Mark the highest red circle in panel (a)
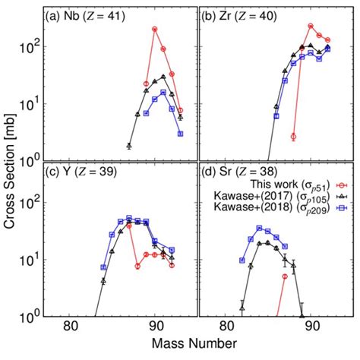[x=155, y=29]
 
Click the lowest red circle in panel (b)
[x=293, y=137]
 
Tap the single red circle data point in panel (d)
[x=285, y=276]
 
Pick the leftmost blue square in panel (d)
[x=242, y=260]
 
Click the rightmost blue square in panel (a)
[x=181, y=134]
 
